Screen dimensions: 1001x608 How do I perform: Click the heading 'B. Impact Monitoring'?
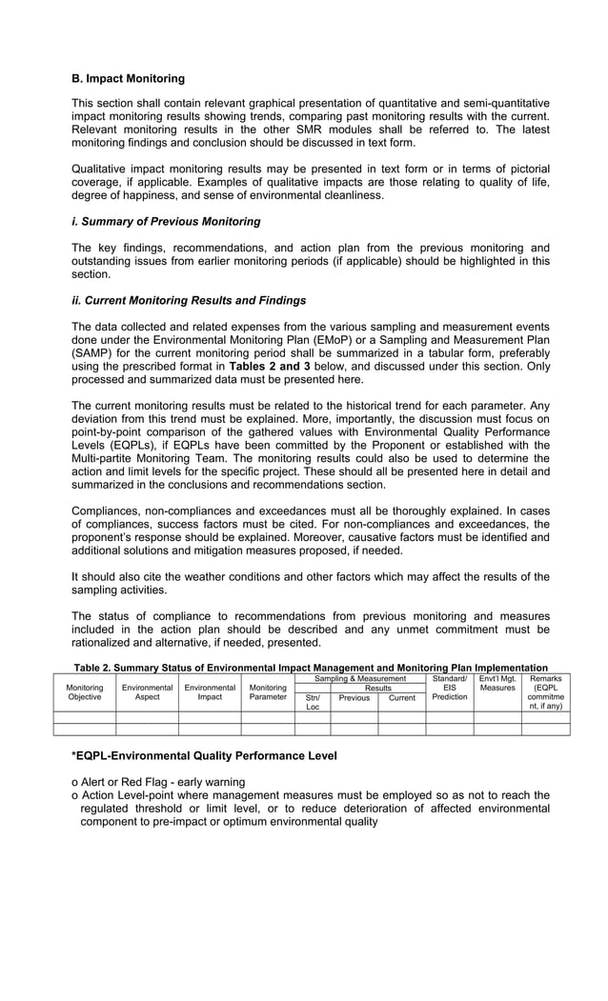pyautogui.click(x=128, y=78)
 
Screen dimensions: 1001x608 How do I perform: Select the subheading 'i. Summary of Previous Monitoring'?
pyautogui.click(x=166, y=222)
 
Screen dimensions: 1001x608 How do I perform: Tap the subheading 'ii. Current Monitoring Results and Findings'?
pyautogui.click(x=189, y=301)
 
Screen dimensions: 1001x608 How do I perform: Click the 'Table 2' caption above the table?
pyautogui.click(x=310, y=668)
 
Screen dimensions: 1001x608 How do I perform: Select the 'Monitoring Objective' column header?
pyautogui.click(x=84, y=692)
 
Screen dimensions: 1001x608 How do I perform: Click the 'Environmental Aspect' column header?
pyautogui.click(x=147, y=692)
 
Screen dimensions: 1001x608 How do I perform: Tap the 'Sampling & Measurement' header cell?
pyautogui.click(x=359, y=678)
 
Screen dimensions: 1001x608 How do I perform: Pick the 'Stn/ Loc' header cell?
pyautogui.click(x=312, y=702)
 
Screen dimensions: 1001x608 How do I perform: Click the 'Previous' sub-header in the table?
pyautogui.click(x=354, y=698)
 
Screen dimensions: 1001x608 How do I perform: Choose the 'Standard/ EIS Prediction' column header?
pyautogui.click(x=449, y=688)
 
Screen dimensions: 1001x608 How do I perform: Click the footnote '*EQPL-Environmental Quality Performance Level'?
pyautogui.click(x=204, y=756)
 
